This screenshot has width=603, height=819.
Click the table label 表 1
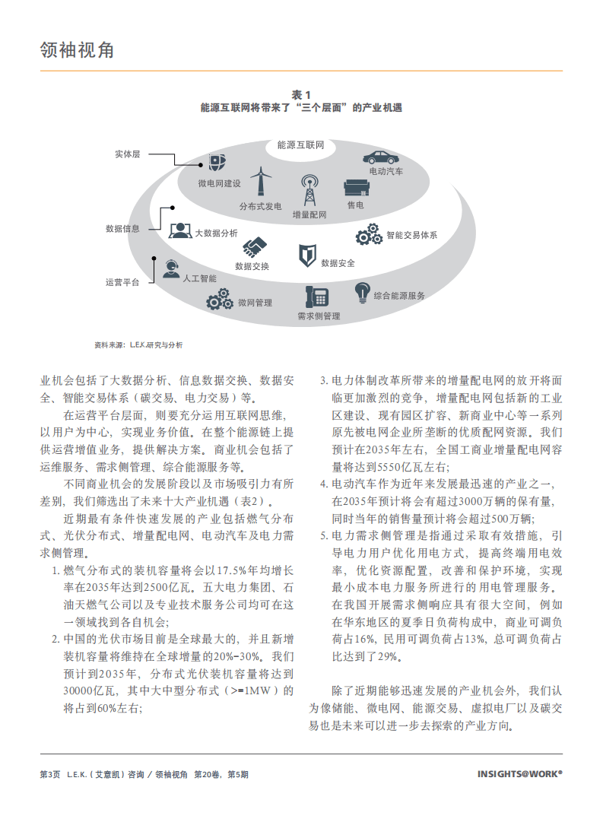tap(301, 94)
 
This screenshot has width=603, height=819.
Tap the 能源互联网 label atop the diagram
tap(301, 144)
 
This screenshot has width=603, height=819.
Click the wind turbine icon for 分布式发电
tap(261, 183)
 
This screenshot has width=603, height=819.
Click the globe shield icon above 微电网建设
tap(217, 163)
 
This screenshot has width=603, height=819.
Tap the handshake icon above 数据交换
tap(254, 246)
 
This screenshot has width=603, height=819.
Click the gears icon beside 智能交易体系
tap(369, 234)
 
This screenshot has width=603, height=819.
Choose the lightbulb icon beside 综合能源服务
tap(363, 292)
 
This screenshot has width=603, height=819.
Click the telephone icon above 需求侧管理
tap(316, 297)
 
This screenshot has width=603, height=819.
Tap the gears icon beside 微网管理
tap(221, 301)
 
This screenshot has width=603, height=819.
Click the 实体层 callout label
tap(127, 154)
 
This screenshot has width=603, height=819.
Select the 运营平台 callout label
tap(122, 282)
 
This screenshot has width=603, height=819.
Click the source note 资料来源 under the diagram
tap(138, 344)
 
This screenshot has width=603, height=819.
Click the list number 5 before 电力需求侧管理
tap(323, 535)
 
